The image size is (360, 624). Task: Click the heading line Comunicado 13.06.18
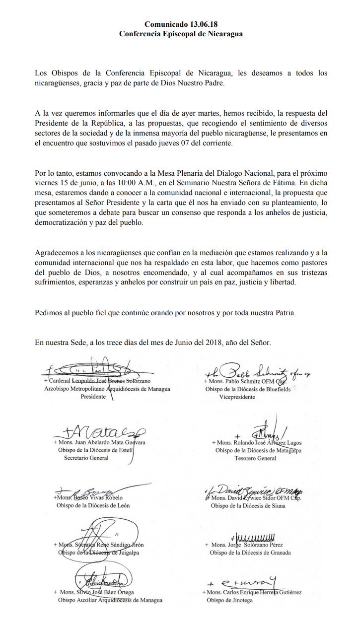(x=180, y=24)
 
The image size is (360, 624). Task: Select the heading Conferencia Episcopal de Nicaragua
(x=180, y=34)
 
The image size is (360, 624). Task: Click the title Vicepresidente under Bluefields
(x=237, y=398)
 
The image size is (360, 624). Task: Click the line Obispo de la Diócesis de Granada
(x=250, y=553)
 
